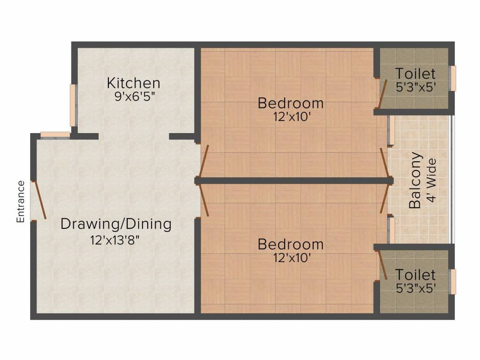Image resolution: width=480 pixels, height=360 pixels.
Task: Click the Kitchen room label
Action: point(134,83)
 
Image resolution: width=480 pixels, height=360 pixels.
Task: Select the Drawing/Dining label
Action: point(116,224)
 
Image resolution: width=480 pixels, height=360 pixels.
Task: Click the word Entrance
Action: point(21,202)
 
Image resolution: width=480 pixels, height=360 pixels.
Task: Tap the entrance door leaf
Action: point(40,200)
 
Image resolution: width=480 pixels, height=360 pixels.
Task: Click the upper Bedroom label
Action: point(291,103)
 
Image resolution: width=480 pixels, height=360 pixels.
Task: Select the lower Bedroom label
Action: point(291,244)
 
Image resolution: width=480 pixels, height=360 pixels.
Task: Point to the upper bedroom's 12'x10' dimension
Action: point(292,117)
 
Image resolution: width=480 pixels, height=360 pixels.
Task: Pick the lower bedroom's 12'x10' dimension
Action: point(292,258)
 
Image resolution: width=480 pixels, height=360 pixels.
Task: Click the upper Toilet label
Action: point(415,74)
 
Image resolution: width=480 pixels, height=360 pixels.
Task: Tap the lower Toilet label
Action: point(415,275)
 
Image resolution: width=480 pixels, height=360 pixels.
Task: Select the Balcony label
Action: point(415,180)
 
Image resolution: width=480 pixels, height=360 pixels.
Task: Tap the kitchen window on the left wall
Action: point(73,105)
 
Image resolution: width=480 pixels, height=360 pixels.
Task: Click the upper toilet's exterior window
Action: point(452,78)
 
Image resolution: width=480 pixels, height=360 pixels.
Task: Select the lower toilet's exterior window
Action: point(452,282)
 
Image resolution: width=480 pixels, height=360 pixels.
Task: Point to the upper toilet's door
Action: point(382,94)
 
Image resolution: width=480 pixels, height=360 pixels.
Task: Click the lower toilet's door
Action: point(382,265)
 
